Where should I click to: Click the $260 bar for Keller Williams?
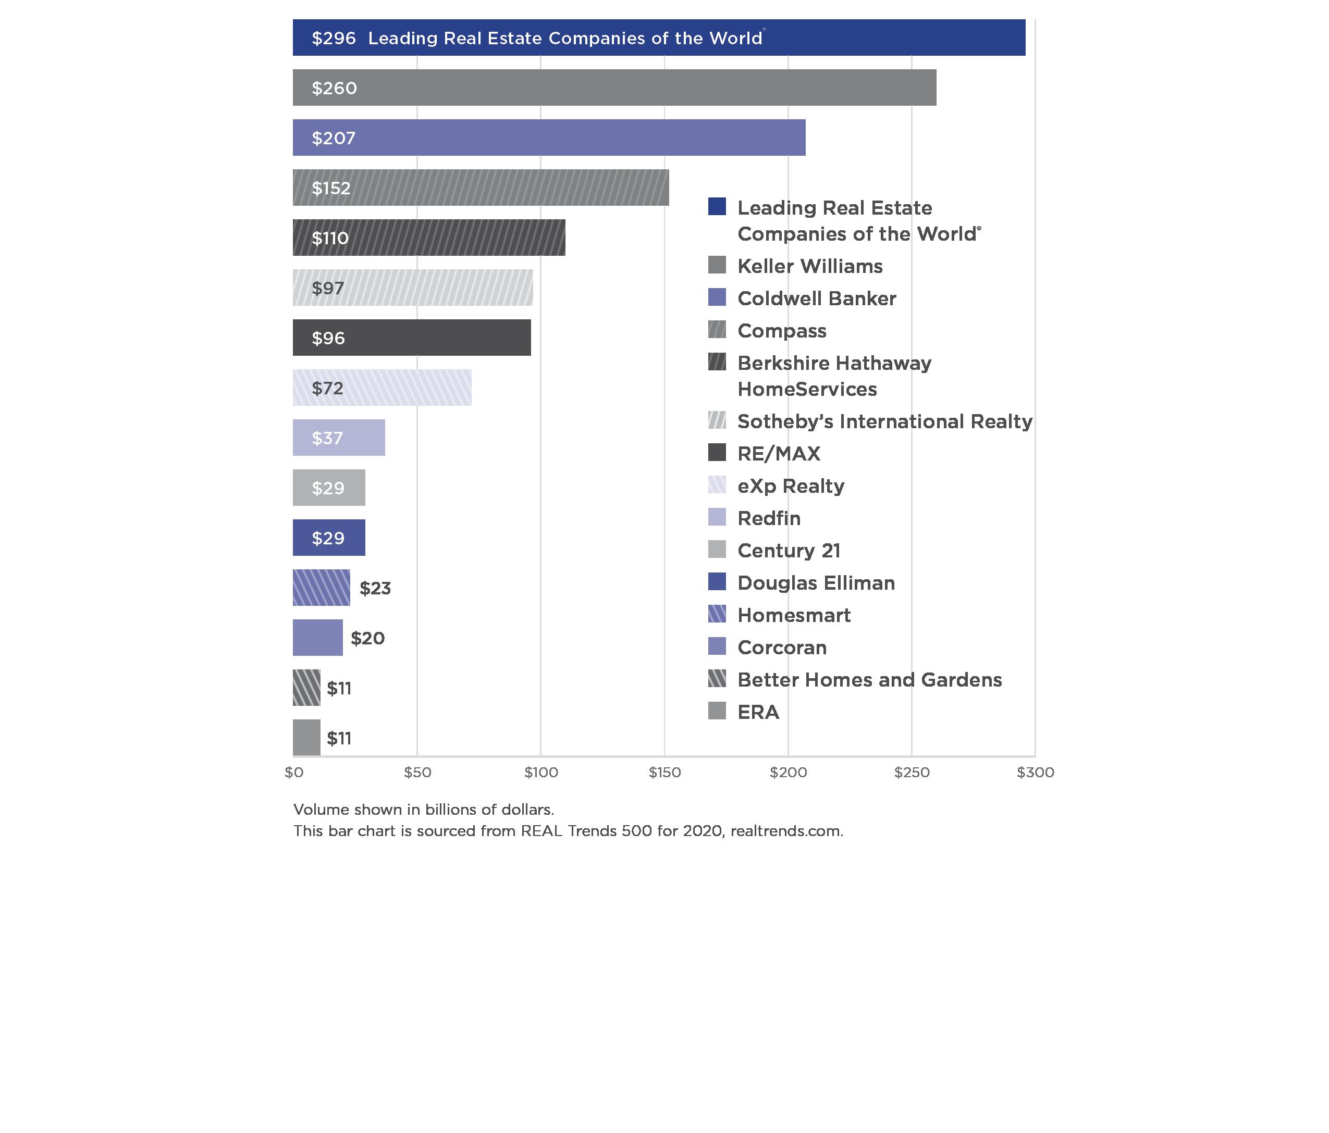614,88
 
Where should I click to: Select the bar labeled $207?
548,138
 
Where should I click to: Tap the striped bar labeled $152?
481,188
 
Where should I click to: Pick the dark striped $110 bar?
428,238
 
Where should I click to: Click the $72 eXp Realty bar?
382,388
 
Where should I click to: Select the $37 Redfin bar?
339,438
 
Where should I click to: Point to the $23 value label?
375,589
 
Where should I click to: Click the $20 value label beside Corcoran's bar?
367,639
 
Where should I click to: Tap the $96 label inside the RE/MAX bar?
328,339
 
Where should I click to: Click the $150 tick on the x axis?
664,773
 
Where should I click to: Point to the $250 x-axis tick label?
912,773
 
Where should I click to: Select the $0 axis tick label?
294,773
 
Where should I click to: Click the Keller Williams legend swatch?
717,265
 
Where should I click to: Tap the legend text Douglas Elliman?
816,583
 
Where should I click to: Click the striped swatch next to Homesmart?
717,614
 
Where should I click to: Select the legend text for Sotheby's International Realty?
884,421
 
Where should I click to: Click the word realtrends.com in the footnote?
786,831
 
